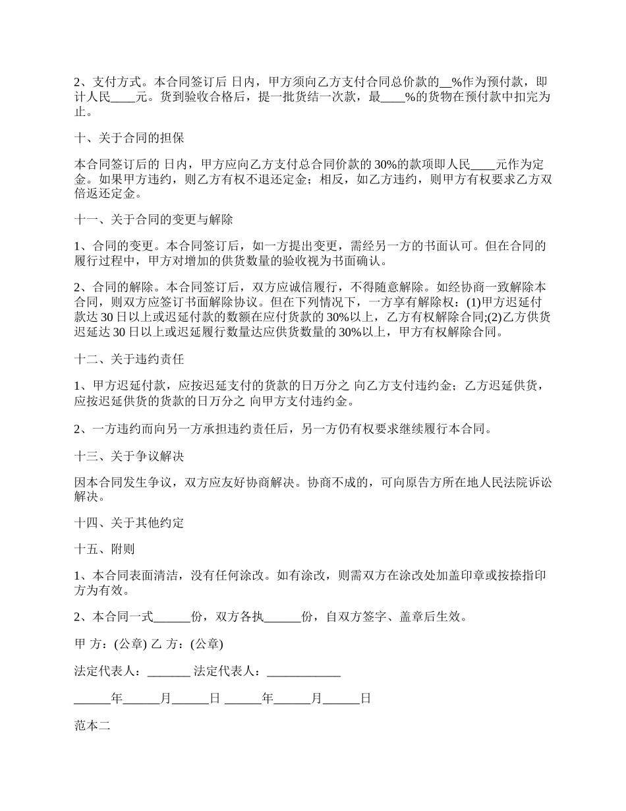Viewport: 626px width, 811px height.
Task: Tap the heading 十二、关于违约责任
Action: [x=129, y=359]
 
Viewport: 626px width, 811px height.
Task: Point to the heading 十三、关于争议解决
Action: [x=129, y=456]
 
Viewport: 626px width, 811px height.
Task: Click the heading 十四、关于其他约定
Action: [x=129, y=523]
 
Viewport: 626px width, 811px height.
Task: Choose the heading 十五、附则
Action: [x=105, y=549]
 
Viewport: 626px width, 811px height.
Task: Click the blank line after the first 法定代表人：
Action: [x=169, y=673]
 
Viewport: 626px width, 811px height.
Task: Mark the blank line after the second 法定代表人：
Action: [x=304, y=673]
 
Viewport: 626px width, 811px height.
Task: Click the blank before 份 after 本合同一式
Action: [x=172, y=618]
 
